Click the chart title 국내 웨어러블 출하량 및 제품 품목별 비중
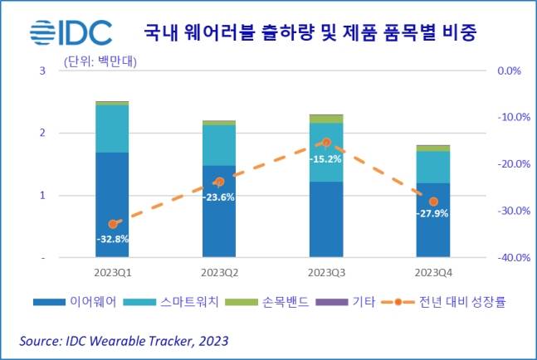pyautogui.click(x=316, y=33)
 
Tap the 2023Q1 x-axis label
pyautogui.click(x=112, y=272)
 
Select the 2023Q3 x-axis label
pyautogui.click(x=325, y=272)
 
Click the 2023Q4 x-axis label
pyautogui.click(x=432, y=272)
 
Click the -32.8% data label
pyautogui.click(x=112, y=240)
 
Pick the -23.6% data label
pyautogui.click(x=219, y=197)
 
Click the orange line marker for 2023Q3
pyautogui.click(x=326, y=143)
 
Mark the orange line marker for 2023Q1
pyautogui.click(x=113, y=224)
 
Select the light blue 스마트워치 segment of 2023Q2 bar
pyautogui.click(x=219, y=145)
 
